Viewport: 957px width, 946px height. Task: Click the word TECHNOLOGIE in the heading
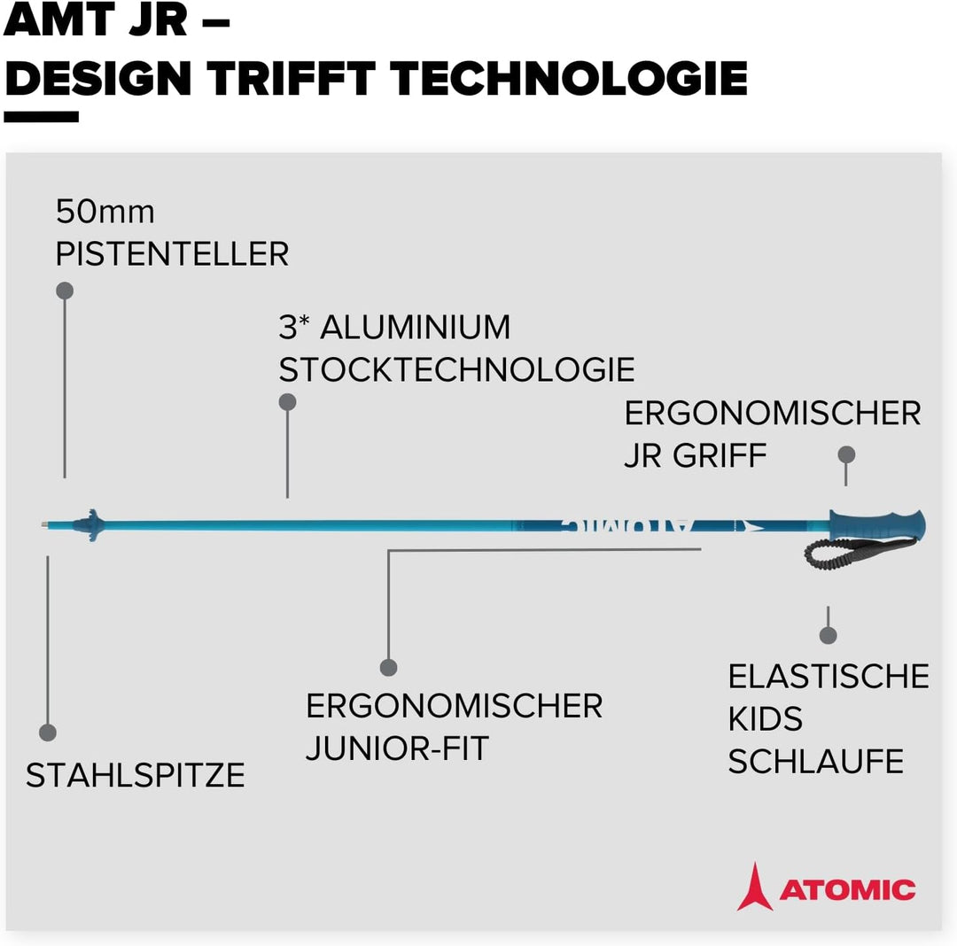[x=568, y=79]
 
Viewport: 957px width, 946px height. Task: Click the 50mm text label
[x=105, y=212]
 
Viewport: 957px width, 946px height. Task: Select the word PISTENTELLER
[x=172, y=253]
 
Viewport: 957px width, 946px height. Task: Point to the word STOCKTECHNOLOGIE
[x=456, y=369]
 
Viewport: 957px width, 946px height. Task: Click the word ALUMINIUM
[x=415, y=327]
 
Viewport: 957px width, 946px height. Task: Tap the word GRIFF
[x=720, y=455]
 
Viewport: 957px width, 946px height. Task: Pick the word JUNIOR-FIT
[x=397, y=748]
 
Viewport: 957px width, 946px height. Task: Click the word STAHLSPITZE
[x=136, y=775]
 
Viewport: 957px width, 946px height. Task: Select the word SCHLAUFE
[x=816, y=761]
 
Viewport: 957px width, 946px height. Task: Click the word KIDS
[x=766, y=719]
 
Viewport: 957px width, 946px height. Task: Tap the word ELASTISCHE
[x=829, y=677]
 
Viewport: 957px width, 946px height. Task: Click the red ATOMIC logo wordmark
[x=847, y=890]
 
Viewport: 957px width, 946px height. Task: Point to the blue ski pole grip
[x=877, y=524]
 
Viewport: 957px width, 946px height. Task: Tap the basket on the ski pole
[x=89, y=525]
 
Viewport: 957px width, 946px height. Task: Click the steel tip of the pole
[x=44, y=523]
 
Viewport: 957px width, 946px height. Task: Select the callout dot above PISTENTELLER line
[x=65, y=291]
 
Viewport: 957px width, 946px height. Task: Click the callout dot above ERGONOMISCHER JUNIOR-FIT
[x=388, y=667]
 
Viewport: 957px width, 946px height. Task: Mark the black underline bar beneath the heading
[x=42, y=117]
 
